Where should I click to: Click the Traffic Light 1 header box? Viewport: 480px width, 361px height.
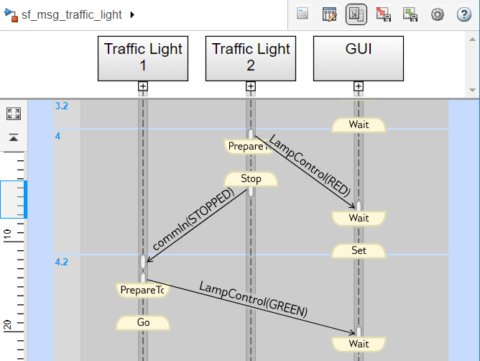pos(143,58)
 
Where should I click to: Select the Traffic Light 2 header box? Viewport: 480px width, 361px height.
pos(251,58)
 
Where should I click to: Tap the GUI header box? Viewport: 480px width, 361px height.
pos(359,58)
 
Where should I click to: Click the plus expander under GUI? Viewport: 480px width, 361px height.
pos(359,86)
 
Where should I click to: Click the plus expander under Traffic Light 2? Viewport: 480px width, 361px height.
pos(251,86)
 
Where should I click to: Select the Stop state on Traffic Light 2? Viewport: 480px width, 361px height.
pos(251,179)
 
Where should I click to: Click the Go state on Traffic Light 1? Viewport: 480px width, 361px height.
pos(143,323)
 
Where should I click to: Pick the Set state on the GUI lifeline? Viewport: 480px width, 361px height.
pos(359,251)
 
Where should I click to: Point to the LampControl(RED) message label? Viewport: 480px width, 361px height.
pos(309,166)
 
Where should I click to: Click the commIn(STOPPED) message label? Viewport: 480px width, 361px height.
pos(193,219)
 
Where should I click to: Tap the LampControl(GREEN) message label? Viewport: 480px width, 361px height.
pos(253,299)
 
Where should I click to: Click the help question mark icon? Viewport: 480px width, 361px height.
pos(464,14)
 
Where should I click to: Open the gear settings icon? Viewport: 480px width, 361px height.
pos(437,14)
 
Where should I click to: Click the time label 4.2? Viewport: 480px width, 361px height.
pos(62,262)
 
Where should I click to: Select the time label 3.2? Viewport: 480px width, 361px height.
pos(62,106)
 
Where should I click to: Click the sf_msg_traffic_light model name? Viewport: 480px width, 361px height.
pos(72,14)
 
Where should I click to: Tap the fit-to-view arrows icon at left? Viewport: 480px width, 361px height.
pos(14,114)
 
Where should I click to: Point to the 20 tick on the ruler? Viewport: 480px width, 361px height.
pos(7,324)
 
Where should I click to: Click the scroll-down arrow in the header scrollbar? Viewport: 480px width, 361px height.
pos(472,90)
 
